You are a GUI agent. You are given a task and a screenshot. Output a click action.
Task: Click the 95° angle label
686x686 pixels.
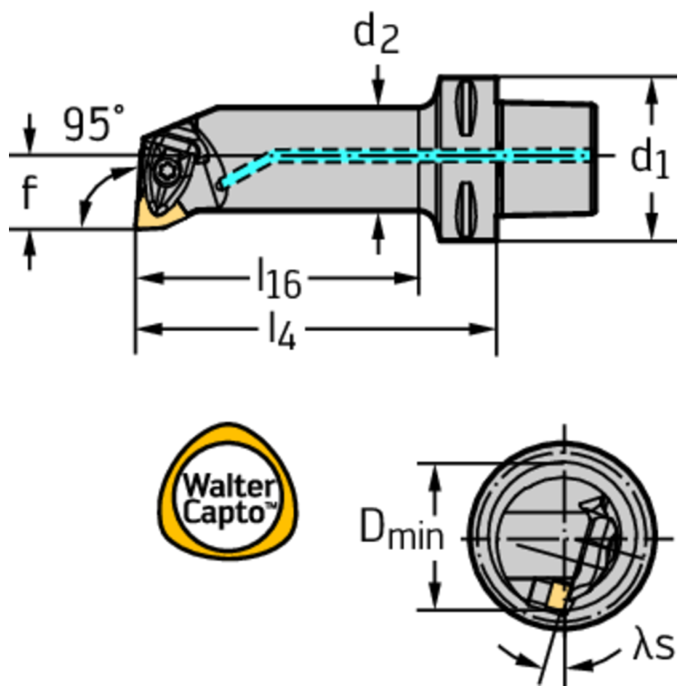point(94,124)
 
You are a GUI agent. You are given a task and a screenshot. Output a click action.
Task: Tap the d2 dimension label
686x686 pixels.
point(377,33)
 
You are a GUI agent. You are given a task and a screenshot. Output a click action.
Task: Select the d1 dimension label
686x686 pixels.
point(649,158)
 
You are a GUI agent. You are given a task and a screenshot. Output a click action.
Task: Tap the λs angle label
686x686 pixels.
point(653,645)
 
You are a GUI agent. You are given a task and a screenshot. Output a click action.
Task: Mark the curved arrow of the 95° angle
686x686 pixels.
point(97,192)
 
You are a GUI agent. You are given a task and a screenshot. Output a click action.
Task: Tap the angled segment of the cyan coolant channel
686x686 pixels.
point(247,167)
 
